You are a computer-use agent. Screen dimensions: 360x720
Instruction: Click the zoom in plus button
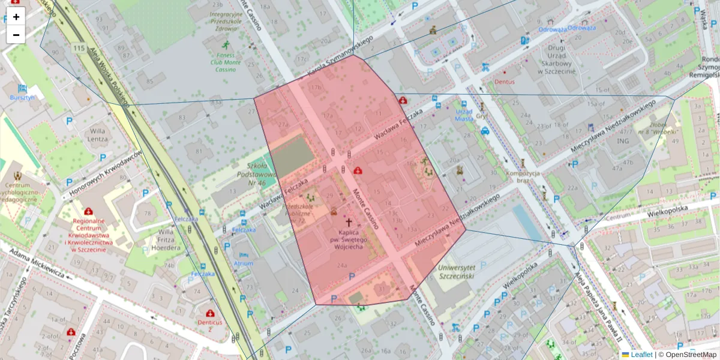pos(16,17)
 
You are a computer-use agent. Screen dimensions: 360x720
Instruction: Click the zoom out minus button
pos(16,35)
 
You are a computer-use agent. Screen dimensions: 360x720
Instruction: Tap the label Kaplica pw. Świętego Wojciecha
pos(348,239)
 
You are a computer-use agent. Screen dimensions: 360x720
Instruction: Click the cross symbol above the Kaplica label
pos(348,221)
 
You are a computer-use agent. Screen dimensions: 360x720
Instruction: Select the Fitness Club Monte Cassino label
pos(226,62)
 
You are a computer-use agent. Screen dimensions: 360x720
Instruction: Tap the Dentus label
pos(505,81)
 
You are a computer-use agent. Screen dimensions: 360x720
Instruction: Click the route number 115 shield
pos(77,48)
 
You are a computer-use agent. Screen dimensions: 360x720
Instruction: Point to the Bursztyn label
pos(23,97)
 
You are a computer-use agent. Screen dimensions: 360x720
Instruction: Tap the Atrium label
pos(244,263)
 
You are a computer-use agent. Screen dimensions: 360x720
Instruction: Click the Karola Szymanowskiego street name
pos(340,56)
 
